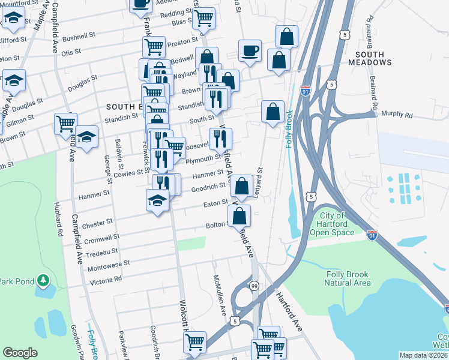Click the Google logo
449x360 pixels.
pos(20,353)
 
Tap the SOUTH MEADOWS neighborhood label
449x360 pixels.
pos(369,58)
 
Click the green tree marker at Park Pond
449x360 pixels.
pos(43,280)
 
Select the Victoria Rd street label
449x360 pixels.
pos(106,279)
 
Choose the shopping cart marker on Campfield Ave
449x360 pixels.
pos(65,124)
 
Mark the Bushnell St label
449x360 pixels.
pos(79,36)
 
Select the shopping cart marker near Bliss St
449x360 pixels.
pos(204,18)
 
